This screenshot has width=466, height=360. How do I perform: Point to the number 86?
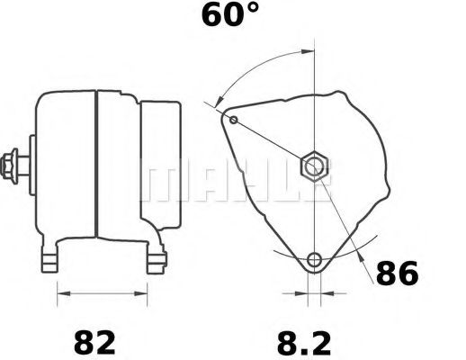[x=396, y=274]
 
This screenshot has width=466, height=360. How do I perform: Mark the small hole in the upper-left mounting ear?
[x=234, y=120]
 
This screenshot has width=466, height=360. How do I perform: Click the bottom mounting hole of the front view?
[x=314, y=261]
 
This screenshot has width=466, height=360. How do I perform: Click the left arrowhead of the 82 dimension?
[x=62, y=292]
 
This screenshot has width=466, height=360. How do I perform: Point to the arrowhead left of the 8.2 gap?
[x=302, y=292]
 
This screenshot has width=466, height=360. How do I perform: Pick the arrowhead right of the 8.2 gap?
[x=326, y=292]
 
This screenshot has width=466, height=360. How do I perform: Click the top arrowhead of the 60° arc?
[x=309, y=51]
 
